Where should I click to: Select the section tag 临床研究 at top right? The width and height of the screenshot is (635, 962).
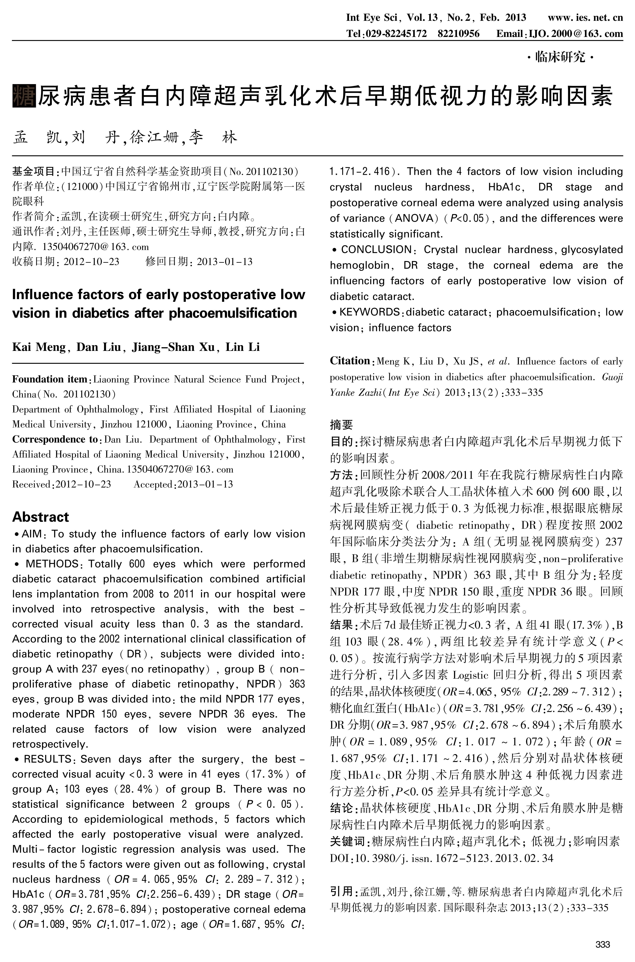pos(560,58)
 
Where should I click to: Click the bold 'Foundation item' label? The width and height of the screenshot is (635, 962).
pos(49,379)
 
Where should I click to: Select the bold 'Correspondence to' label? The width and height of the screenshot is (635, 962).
pos(55,439)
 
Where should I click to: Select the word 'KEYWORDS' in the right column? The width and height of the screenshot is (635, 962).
pos(369,312)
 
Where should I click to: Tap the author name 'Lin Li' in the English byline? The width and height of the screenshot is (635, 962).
pos(243,347)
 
